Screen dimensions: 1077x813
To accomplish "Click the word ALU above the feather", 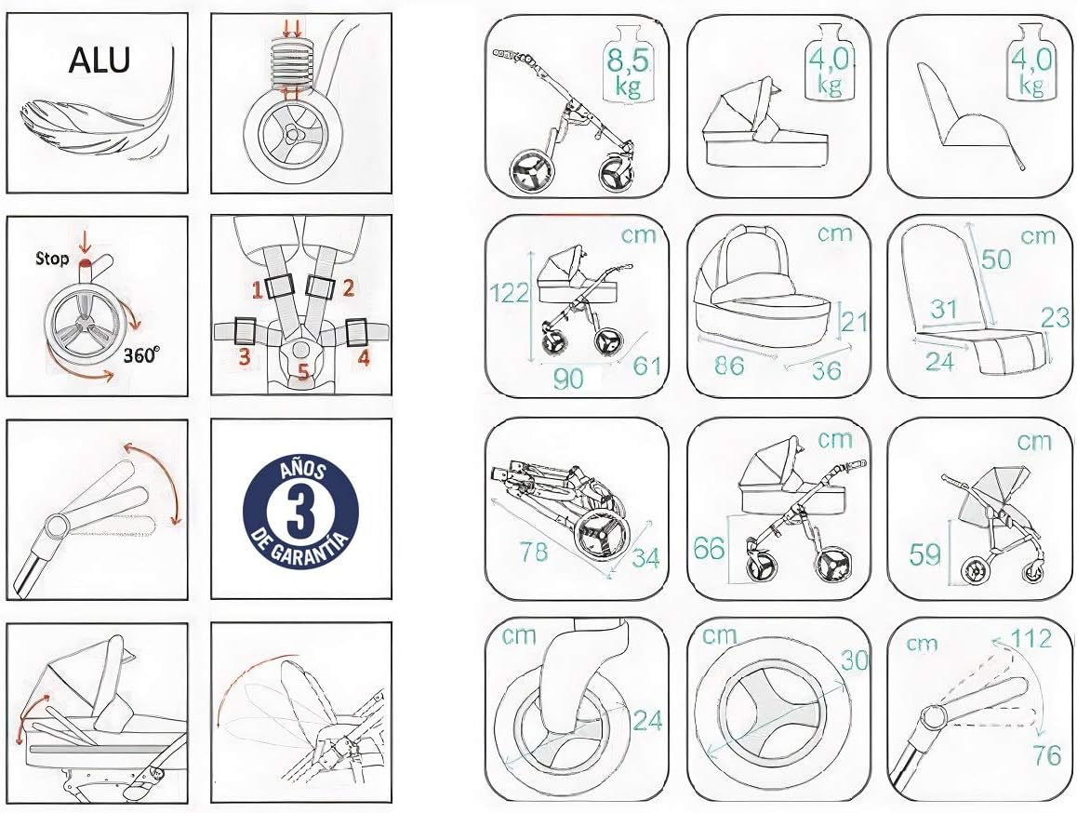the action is coord(100,60).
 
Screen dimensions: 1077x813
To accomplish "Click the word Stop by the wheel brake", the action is coord(52,259).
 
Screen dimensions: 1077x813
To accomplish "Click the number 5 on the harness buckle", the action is coord(303,373).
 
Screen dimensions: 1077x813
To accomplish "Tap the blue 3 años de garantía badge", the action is coord(300,510).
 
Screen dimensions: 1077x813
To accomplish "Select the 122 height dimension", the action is coord(509,293).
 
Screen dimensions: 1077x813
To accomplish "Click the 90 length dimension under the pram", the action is coord(568,378).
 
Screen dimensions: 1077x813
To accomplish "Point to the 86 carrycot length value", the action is coord(729,365).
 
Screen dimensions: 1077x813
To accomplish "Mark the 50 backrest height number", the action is coord(995,260).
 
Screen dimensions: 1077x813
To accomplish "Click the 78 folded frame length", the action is coord(534,552).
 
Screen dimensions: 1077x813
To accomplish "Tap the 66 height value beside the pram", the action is coord(709,549).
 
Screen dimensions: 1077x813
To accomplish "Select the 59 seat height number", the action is coord(924,553).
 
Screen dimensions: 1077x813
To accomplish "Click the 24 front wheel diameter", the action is coord(647,720).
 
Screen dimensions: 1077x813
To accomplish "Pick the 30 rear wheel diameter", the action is coord(855,660).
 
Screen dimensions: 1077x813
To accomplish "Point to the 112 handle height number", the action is coord(1031,639).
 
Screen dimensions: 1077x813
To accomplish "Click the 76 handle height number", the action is coord(1047,755).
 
